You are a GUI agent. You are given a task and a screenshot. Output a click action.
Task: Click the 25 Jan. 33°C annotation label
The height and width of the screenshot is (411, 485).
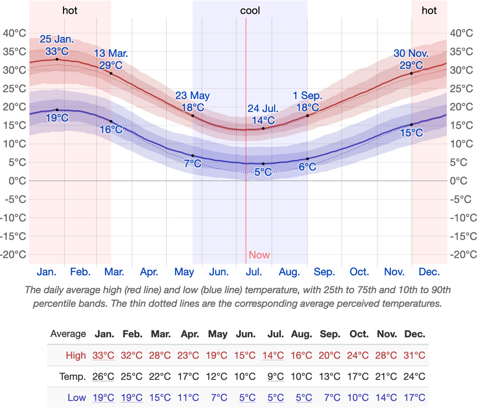pos(57,45)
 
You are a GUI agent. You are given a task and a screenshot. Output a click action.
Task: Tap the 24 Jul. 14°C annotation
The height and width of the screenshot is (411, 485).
pos(263,114)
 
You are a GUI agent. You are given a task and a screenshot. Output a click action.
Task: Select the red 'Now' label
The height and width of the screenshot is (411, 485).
pos(259,255)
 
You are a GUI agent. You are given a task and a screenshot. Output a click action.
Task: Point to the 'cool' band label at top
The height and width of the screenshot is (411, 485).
pos(250,11)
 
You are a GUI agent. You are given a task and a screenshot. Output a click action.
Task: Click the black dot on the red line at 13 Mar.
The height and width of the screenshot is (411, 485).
pos(111,73)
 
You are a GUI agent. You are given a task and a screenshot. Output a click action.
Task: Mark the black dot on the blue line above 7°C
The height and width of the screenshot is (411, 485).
pos(193,156)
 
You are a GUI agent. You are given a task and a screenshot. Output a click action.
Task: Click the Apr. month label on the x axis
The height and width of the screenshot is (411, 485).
pos(149,272)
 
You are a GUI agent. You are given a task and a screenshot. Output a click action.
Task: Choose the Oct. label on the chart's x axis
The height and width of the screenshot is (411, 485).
pos(359,272)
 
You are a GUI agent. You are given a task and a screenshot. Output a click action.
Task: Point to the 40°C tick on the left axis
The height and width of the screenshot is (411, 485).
pos(15,33)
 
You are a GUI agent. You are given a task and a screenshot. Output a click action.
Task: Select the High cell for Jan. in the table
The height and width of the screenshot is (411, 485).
pos(103,355)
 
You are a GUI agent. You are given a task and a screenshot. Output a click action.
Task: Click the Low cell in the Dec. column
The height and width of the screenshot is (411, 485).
pos(414,398)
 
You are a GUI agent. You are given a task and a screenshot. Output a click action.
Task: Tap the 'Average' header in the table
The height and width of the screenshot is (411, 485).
pos(68,334)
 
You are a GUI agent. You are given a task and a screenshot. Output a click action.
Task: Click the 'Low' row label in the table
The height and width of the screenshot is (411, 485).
pos(77,398)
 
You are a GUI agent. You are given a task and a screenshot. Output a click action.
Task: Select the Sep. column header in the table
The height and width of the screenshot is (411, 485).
pos(329,334)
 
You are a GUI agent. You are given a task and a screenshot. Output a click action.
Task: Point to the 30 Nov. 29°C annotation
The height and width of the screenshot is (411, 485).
pos(411,59)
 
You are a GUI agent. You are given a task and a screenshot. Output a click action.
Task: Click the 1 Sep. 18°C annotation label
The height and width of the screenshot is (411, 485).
pos(307,101)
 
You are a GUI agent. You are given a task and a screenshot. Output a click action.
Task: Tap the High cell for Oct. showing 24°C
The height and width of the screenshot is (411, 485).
pos(358,355)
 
